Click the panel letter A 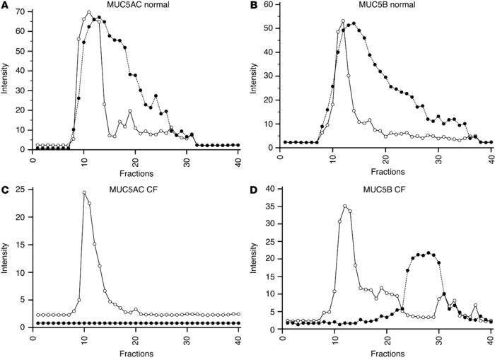pos(5,6)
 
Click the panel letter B pos(255,6)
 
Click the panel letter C pos(5,187)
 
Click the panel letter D pos(255,187)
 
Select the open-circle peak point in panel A pos(89,13)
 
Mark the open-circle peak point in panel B pos(343,21)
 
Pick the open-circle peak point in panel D pos(344,207)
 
